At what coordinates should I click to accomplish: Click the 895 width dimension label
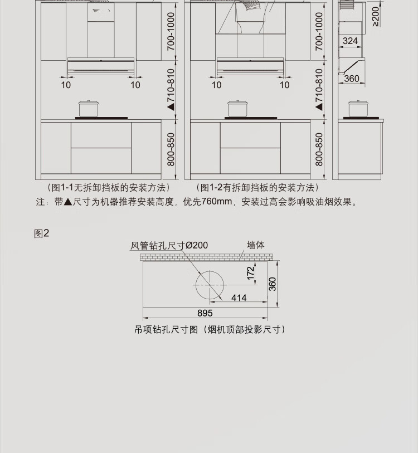[x=205, y=313]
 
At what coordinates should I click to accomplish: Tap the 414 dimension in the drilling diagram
[x=239, y=298]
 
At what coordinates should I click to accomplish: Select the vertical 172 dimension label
[x=251, y=272]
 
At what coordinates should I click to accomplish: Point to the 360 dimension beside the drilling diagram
[x=273, y=284]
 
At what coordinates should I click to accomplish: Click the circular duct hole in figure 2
[x=209, y=285]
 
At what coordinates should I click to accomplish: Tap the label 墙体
[x=256, y=245]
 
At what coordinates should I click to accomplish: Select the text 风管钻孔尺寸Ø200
[x=169, y=245]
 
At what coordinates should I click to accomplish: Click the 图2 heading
[x=42, y=233]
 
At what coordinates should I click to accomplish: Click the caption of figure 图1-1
[x=108, y=188]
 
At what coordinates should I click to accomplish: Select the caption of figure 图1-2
[x=257, y=188]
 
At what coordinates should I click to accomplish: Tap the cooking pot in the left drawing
[x=88, y=108]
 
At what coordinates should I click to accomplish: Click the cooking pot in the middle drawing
[x=237, y=108]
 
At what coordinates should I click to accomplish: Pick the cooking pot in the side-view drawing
[x=357, y=108]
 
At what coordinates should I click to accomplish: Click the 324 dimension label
[x=351, y=41]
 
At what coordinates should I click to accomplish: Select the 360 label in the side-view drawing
[x=352, y=79]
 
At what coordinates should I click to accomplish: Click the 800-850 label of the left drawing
[x=171, y=149]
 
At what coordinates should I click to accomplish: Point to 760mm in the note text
[x=217, y=202]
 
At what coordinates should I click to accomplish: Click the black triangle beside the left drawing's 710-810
[x=171, y=105]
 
